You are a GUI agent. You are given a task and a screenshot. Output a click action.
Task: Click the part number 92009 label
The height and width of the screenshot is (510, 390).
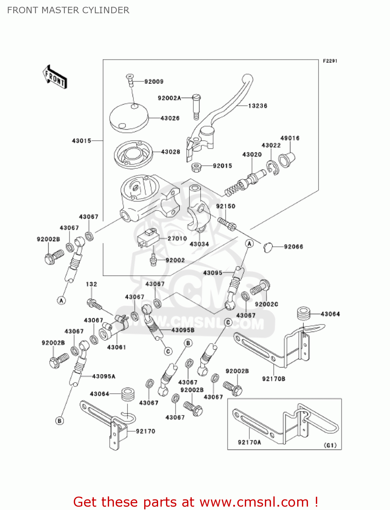click(154, 82)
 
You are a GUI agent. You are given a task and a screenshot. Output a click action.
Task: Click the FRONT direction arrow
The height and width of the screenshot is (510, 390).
click(55, 78)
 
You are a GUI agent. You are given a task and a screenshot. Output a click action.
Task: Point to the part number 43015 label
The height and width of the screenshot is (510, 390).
click(82, 140)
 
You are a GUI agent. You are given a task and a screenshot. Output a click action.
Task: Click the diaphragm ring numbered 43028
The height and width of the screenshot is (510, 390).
click(133, 154)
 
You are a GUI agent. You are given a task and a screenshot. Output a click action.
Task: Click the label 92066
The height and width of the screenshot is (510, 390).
click(293, 247)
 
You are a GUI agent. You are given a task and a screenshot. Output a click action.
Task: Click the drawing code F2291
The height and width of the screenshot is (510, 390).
click(330, 61)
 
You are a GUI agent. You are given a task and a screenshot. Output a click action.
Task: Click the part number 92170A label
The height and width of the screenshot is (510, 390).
click(250, 442)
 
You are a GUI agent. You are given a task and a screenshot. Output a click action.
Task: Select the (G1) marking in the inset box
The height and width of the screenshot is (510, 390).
click(330, 445)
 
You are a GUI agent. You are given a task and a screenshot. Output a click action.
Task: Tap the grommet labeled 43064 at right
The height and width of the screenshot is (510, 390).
click(304, 313)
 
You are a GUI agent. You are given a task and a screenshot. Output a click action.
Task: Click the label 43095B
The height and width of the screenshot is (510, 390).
click(183, 330)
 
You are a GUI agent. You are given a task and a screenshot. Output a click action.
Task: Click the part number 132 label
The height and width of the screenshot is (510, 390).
click(91, 284)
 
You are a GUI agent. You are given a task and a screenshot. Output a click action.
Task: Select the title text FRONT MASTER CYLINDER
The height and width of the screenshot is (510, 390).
click(68, 10)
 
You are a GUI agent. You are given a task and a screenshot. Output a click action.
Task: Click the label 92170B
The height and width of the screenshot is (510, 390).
click(274, 379)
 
